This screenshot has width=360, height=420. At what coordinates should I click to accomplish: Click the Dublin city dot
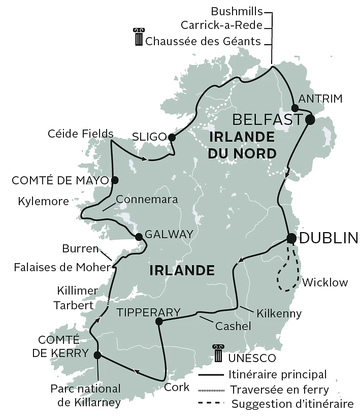click(x=291, y=238)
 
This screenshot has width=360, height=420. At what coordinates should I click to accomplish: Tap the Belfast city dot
click(x=309, y=120)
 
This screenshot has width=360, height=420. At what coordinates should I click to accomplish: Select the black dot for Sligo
click(x=172, y=137)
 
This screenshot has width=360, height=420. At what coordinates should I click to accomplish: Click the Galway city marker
click(x=139, y=237)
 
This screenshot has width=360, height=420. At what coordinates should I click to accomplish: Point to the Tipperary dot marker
click(x=159, y=321)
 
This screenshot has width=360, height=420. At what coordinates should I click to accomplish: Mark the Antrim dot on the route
click(x=294, y=108)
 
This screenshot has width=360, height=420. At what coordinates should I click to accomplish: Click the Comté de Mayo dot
click(x=115, y=180)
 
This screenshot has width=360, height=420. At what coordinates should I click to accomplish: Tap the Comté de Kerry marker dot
click(x=97, y=355)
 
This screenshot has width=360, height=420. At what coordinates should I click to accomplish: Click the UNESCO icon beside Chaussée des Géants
click(x=138, y=38)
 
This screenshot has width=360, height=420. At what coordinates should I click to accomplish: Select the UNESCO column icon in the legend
click(x=218, y=354)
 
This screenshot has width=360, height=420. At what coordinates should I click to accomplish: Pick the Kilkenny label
click(x=279, y=313)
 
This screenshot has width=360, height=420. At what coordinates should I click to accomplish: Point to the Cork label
click(x=177, y=387)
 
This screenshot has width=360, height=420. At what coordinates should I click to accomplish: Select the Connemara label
click(x=147, y=200)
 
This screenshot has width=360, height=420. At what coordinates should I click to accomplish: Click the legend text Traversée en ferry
click(x=279, y=390)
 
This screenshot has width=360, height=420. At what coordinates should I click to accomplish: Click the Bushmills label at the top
click(x=237, y=11)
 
